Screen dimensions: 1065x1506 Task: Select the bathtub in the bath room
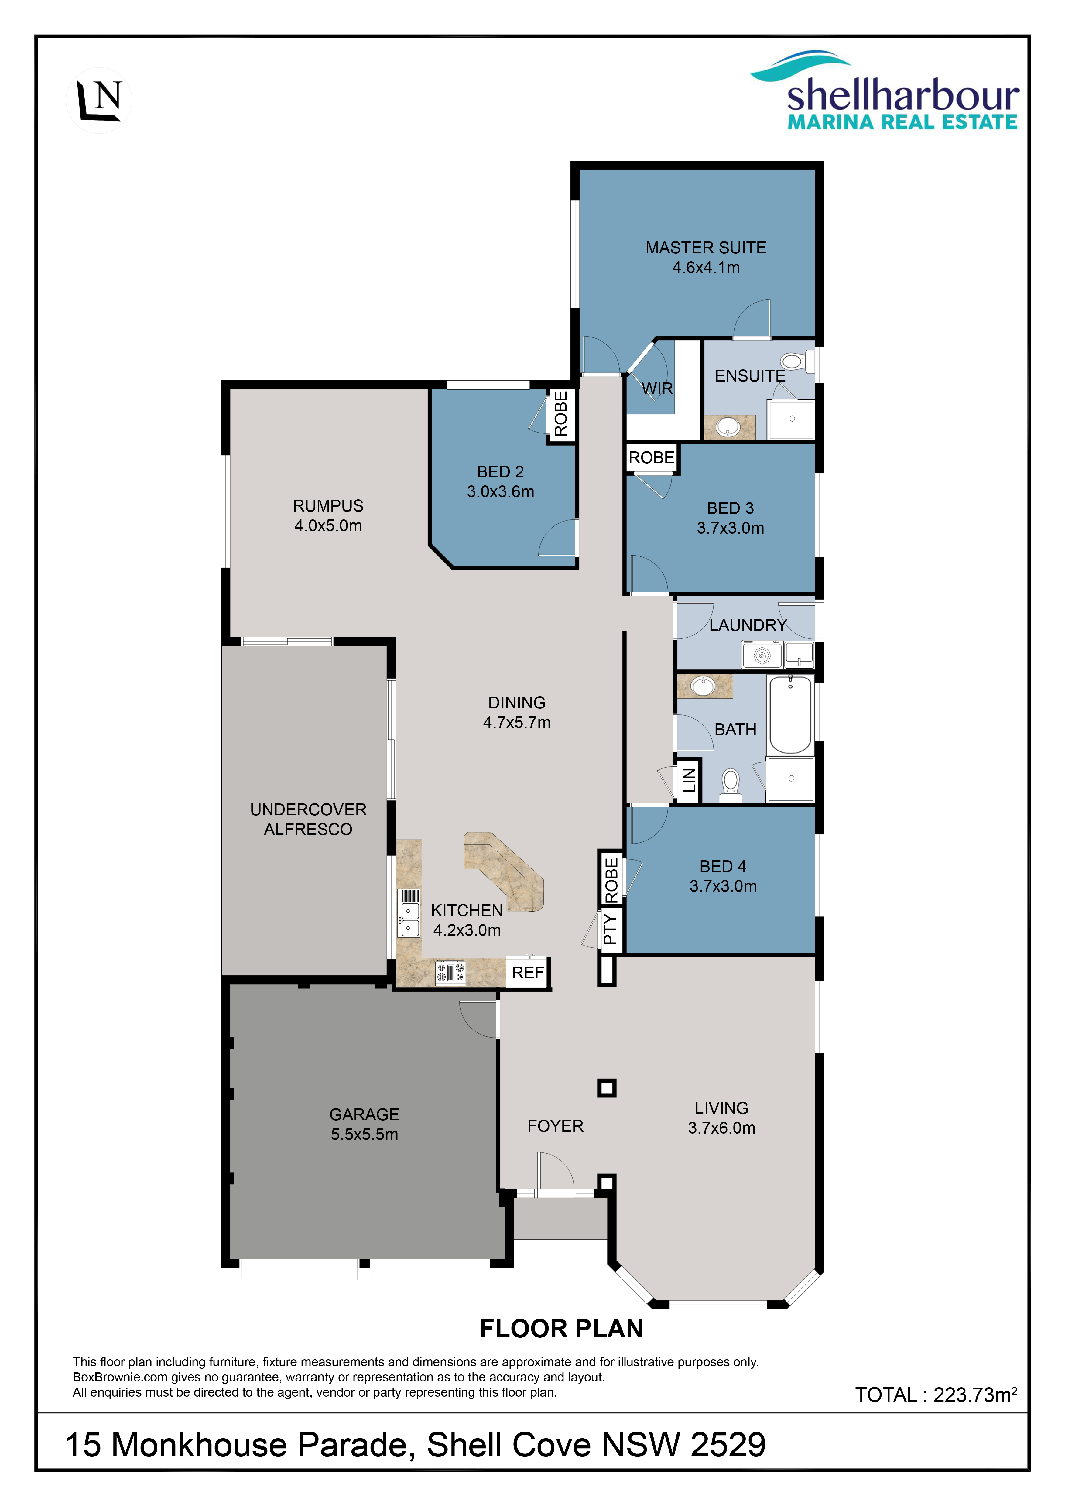[x=790, y=715]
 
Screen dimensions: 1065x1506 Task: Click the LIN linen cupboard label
[x=689, y=781]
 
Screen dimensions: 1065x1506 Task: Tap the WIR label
[x=657, y=389]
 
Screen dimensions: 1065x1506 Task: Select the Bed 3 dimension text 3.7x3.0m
[x=731, y=528]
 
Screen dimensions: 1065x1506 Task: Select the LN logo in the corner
[x=99, y=100]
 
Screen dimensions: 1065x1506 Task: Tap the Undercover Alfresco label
[x=308, y=819]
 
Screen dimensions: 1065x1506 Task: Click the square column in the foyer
[x=607, y=1088]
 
